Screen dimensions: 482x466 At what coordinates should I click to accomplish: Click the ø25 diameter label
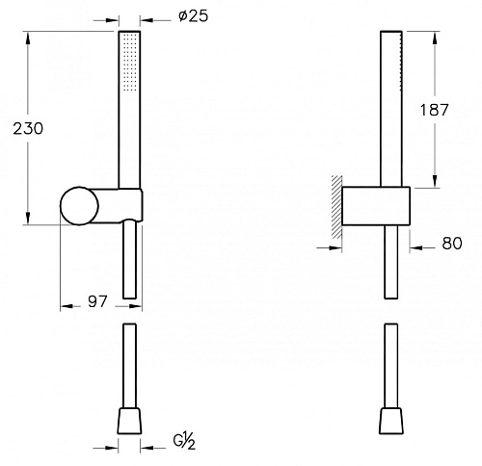(x=194, y=15)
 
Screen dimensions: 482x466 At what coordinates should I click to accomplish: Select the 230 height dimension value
(x=28, y=129)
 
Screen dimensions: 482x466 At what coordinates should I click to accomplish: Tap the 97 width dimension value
(x=97, y=301)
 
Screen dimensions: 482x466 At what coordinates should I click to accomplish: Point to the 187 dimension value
(x=434, y=110)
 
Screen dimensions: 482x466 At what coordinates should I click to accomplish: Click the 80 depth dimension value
(x=452, y=244)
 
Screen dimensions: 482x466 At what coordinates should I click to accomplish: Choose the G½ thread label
(x=184, y=442)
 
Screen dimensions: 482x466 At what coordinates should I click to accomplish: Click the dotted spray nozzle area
(x=131, y=61)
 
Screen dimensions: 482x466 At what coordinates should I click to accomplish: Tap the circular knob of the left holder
(x=79, y=206)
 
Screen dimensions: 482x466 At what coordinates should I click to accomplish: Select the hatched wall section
(x=336, y=207)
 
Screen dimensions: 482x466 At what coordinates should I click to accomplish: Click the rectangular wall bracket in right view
(x=376, y=206)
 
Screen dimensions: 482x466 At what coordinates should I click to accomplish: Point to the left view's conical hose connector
(x=129, y=421)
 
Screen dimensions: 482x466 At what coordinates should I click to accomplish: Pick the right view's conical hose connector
(x=391, y=421)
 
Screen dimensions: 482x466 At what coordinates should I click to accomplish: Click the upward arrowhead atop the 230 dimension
(x=28, y=38)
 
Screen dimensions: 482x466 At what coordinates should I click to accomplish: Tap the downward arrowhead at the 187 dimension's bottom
(x=435, y=181)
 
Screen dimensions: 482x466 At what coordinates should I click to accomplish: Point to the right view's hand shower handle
(x=391, y=109)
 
